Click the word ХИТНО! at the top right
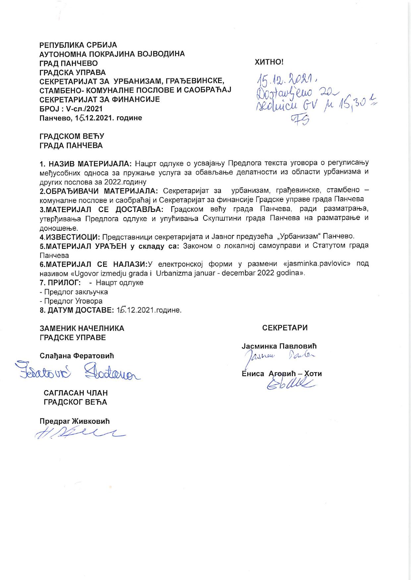[269, 62]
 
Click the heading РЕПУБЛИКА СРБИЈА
[78, 45]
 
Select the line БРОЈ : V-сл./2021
[71, 108]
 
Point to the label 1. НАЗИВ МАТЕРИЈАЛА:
[86, 163]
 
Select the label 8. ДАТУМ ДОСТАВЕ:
[77, 310]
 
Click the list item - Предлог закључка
[74, 292]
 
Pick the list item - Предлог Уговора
[71, 301]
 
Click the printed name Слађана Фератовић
[77, 356]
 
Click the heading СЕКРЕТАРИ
[285, 328]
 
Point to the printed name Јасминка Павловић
[279, 346]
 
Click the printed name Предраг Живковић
[75, 421]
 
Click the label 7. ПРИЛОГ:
[58, 283]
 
